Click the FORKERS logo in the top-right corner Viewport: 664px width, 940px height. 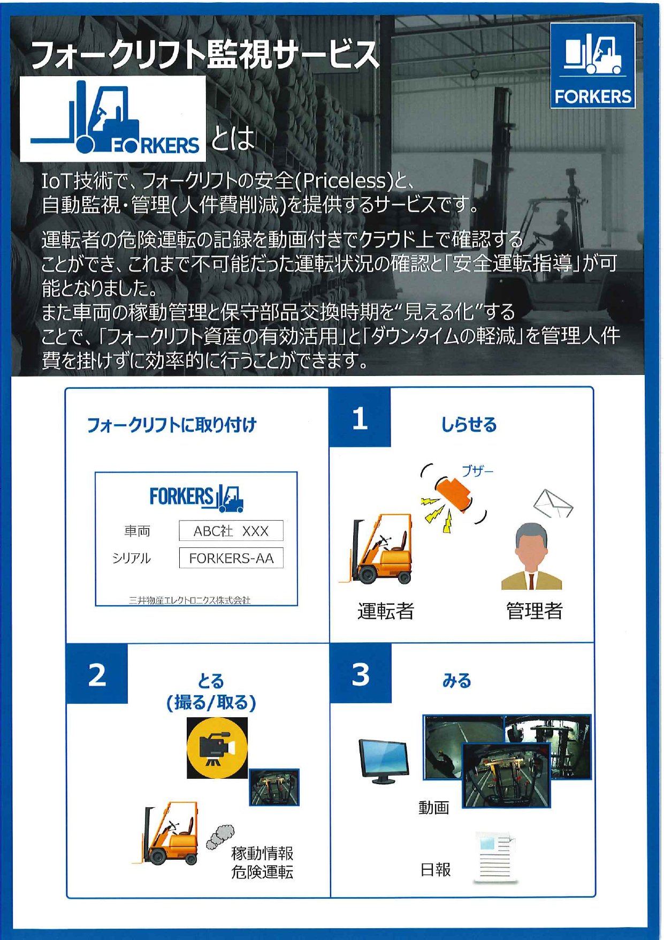click(x=593, y=65)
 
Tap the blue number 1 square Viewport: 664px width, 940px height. click(x=360, y=417)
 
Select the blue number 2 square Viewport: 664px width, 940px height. click(x=97, y=674)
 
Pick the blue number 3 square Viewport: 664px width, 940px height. click(x=361, y=673)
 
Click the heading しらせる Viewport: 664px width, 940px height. click(x=469, y=425)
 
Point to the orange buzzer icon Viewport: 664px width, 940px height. click(x=453, y=494)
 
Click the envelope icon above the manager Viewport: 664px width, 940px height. click(x=553, y=503)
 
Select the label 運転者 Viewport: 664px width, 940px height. click(x=386, y=611)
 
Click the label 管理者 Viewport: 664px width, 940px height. click(x=534, y=611)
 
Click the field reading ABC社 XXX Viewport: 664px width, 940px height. click(x=231, y=531)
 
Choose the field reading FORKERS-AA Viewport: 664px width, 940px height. click(x=231, y=558)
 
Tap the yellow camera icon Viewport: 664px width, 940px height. click(x=217, y=747)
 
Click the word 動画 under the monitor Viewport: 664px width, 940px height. click(x=433, y=807)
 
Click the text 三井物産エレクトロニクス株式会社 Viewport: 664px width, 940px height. click(x=189, y=600)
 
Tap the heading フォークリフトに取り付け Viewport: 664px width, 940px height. click(x=172, y=425)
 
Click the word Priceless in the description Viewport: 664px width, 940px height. click(x=344, y=181)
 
